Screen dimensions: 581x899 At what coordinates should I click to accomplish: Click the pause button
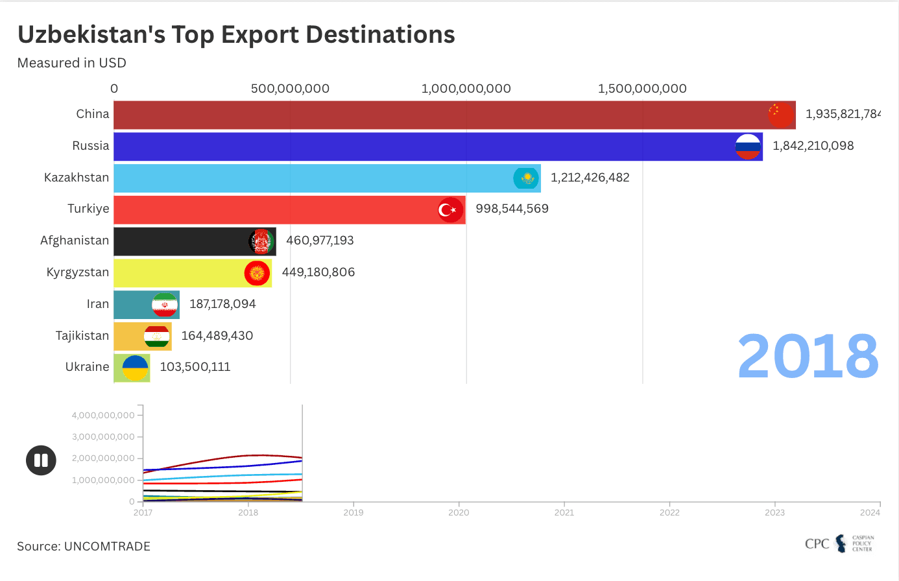[x=41, y=460]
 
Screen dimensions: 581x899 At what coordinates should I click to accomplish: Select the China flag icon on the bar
[x=781, y=115]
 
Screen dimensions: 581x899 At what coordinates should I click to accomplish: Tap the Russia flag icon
[x=748, y=147]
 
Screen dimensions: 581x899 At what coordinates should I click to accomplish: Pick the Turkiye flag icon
[x=450, y=210]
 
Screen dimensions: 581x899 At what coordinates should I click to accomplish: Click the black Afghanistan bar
[x=182, y=241]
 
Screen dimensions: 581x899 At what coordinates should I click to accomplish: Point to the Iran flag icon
[x=165, y=305]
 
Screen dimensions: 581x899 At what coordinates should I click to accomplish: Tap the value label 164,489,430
[x=217, y=336]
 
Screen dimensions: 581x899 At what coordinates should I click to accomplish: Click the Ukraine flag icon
[x=135, y=368]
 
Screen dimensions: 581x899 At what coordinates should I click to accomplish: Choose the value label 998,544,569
[x=512, y=209]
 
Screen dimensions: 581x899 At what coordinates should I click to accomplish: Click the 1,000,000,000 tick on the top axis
[x=466, y=89]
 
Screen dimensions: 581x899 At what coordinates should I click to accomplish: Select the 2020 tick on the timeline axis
[x=459, y=512]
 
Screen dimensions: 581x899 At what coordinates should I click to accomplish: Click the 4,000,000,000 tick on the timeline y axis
[x=103, y=415]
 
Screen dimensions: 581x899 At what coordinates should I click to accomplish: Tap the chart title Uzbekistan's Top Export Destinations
[x=236, y=35]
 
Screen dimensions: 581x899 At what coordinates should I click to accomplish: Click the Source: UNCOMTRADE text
[x=84, y=547]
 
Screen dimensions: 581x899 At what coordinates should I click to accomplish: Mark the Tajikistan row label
[x=82, y=336]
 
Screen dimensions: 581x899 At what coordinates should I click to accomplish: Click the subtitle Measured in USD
[x=71, y=63]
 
